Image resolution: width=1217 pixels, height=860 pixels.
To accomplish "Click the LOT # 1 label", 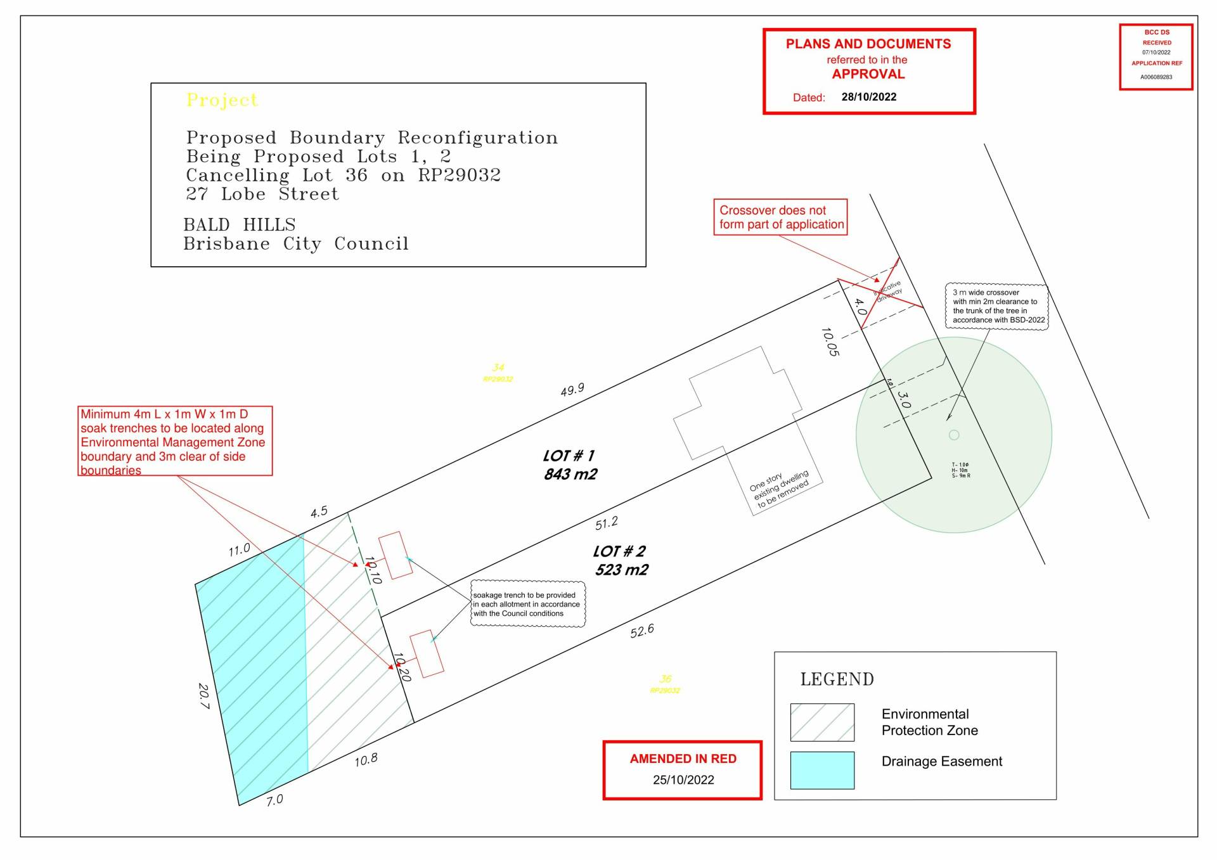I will click(569, 456).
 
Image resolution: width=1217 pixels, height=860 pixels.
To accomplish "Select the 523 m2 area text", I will click(621, 570).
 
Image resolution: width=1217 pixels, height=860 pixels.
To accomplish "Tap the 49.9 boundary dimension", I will click(572, 390).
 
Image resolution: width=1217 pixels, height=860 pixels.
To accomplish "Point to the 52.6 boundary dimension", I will click(641, 631).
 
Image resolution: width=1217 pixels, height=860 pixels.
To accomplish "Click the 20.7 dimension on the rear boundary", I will click(203, 696).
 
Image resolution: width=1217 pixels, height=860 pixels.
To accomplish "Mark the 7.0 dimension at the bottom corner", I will click(274, 800).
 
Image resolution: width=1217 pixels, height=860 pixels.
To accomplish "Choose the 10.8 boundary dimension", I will click(366, 760).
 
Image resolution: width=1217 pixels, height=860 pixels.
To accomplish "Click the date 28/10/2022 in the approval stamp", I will click(868, 97).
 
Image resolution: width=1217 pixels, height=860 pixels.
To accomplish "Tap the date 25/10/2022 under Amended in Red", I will click(683, 780).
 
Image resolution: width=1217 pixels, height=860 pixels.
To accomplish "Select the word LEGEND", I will click(837, 679).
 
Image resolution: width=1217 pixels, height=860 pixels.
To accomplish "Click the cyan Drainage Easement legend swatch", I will click(822, 770).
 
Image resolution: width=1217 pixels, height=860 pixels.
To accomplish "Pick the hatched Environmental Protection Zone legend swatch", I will click(822, 722).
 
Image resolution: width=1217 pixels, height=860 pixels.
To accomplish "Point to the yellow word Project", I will click(222, 100).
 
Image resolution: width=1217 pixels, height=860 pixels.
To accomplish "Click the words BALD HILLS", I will click(239, 225).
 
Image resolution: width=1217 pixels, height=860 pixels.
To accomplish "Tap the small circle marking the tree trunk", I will click(954, 435).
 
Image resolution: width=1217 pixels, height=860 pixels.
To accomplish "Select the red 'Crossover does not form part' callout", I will click(780, 217).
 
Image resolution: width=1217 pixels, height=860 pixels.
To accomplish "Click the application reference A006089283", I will click(1156, 77).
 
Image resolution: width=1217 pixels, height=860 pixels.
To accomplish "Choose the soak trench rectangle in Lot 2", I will click(427, 653).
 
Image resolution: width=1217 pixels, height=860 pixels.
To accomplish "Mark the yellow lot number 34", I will click(498, 368).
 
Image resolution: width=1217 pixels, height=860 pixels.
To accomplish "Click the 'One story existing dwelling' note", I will click(780, 489).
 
